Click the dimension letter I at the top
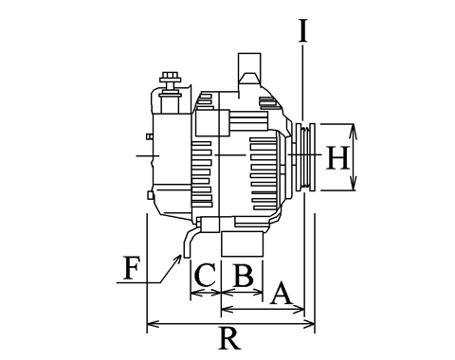(303, 30)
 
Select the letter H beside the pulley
(338, 157)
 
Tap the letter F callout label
(131, 268)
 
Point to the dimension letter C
(206, 275)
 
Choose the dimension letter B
(243, 276)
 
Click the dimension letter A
(281, 294)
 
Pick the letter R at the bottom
(229, 338)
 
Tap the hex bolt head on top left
(171, 77)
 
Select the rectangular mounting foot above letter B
(243, 243)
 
